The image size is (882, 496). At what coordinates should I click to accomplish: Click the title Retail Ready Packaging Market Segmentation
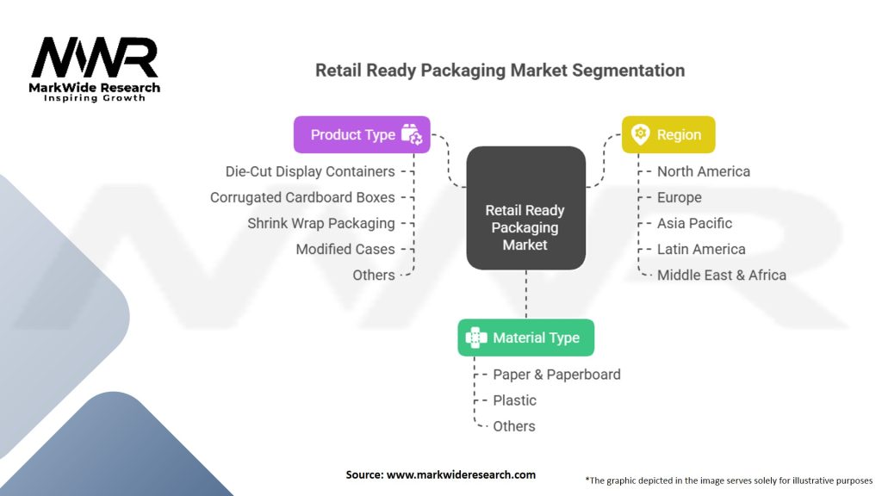tap(500, 71)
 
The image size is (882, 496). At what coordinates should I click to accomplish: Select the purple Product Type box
tap(362, 134)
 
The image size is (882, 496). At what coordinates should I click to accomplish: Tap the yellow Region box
tap(668, 134)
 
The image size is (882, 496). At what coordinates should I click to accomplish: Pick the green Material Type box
tap(525, 338)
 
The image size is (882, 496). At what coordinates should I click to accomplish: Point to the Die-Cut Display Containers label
tap(310, 171)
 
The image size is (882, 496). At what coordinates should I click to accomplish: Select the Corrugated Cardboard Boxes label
tap(302, 197)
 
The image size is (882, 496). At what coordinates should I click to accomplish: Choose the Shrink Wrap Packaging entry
tap(321, 223)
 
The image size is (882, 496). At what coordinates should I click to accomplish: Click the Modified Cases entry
tap(345, 249)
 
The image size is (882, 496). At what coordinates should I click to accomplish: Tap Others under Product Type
tap(374, 275)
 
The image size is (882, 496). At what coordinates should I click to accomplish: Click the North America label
tap(704, 171)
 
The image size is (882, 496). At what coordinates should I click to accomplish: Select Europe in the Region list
tap(680, 197)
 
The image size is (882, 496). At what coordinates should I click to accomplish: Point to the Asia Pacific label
tap(694, 223)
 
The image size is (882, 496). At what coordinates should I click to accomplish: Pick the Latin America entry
tap(701, 249)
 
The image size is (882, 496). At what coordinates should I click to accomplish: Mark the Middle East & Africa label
tap(722, 275)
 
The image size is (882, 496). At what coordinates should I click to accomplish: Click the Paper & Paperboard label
tap(556, 375)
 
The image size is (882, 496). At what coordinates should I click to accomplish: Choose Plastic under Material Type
tap(514, 400)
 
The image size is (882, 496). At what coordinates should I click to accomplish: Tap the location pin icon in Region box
tap(640, 134)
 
